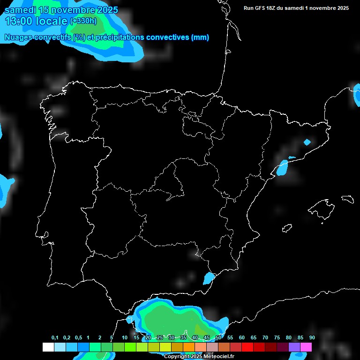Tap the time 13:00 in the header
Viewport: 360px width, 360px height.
click(18, 21)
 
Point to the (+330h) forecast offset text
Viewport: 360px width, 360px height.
click(83, 21)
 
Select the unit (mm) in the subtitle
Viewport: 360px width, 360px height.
click(200, 37)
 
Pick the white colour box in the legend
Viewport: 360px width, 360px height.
click(48, 347)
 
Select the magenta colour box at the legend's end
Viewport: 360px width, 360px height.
click(306, 347)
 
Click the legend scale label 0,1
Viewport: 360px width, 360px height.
click(55, 338)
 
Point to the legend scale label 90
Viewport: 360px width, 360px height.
click(312, 338)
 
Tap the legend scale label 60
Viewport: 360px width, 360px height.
click(241, 338)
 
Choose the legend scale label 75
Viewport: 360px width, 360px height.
click(277, 338)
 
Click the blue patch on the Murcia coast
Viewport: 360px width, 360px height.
click(209, 278)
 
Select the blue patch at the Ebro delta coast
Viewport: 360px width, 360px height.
click(283, 167)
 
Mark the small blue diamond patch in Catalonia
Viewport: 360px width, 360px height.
click(307, 142)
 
